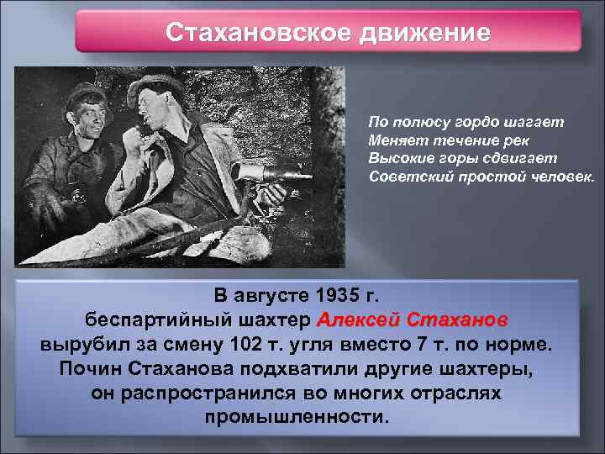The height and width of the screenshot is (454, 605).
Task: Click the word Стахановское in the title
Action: click(x=259, y=33)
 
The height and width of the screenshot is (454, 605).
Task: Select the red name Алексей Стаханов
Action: click(x=411, y=320)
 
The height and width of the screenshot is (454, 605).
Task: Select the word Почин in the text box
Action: click(x=92, y=369)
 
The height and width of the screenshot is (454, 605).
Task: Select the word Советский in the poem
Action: click(x=406, y=177)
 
